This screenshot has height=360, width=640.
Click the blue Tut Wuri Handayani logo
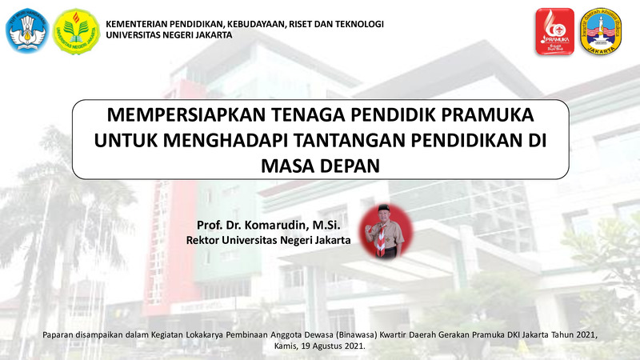27,31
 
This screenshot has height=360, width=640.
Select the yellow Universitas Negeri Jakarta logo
76,31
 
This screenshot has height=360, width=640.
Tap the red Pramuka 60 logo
554,31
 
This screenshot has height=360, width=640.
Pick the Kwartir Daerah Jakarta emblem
601,31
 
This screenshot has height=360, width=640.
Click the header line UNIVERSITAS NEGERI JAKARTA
169,35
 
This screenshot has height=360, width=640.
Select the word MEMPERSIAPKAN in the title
186,114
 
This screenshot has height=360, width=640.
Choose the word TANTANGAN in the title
350,141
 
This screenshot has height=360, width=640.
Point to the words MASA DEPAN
321,166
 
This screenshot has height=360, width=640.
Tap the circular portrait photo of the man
386,232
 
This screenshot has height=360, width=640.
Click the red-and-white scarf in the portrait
381,240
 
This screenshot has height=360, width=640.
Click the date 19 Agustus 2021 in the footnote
333,346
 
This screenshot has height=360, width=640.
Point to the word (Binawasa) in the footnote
356,335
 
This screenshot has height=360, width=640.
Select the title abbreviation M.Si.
326,226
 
